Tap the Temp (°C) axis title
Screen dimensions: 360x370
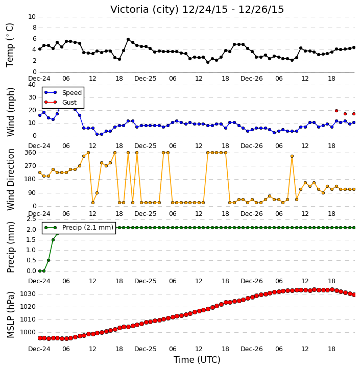[x=10, y=45]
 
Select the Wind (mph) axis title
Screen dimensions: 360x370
[x=10, y=112]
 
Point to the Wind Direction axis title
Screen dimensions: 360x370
[x=10, y=180]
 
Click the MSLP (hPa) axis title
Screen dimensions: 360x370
[x=10, y=315]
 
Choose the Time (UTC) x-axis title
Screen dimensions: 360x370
[x=197, y=360]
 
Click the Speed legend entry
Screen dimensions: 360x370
[x=63, y=93]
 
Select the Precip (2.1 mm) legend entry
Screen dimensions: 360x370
[x=79, y=228]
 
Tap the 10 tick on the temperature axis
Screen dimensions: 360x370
[x=32, y=17]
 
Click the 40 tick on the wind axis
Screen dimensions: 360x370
[x=32, y=85]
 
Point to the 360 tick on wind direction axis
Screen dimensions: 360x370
[x=31, y=153]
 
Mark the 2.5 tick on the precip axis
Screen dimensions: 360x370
[x=31, y=219]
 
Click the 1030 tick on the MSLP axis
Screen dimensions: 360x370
[x=28, y=294]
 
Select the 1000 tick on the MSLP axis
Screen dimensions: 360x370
[x=28, y=332]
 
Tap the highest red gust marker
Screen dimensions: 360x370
[x=337, y=111]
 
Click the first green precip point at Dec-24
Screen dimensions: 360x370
[x=40, y=271]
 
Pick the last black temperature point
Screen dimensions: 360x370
[x=354, y=47]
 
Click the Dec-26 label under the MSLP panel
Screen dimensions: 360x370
[x=252, y=349]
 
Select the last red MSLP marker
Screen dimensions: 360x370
[x=354, y=295]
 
